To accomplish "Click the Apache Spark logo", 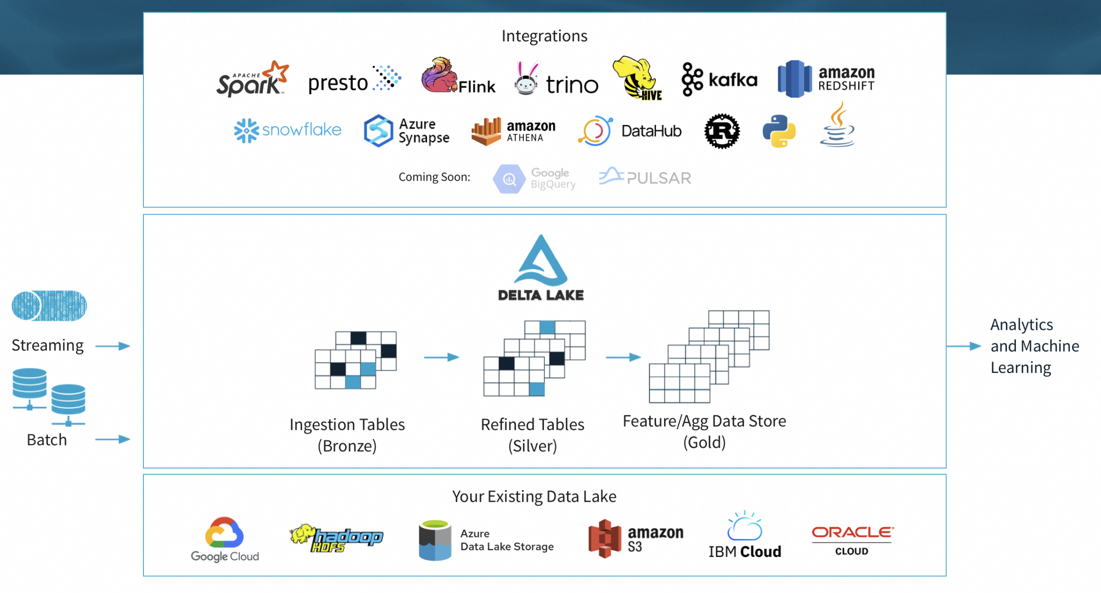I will click(x=252, y=79).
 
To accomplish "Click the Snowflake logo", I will click(x=287, y=130).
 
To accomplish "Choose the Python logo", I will click(x=779, y=131).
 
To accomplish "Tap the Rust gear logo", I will click(x=721, y=131).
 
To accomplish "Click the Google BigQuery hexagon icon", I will click(x=509, y=179).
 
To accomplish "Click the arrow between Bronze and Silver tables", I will click(x=441, y=357).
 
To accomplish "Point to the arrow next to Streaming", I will click(x=113, y=346).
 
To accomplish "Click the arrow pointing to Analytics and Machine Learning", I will click(x=964, y=346).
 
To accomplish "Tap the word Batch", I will click(x=47, y=440).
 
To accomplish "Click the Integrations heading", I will click(x=544, y=36).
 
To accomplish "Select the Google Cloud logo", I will click(x=225, y=539).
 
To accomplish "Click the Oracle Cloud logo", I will click(x=852, y=540).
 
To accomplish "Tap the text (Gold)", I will click(x=704, y=442).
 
